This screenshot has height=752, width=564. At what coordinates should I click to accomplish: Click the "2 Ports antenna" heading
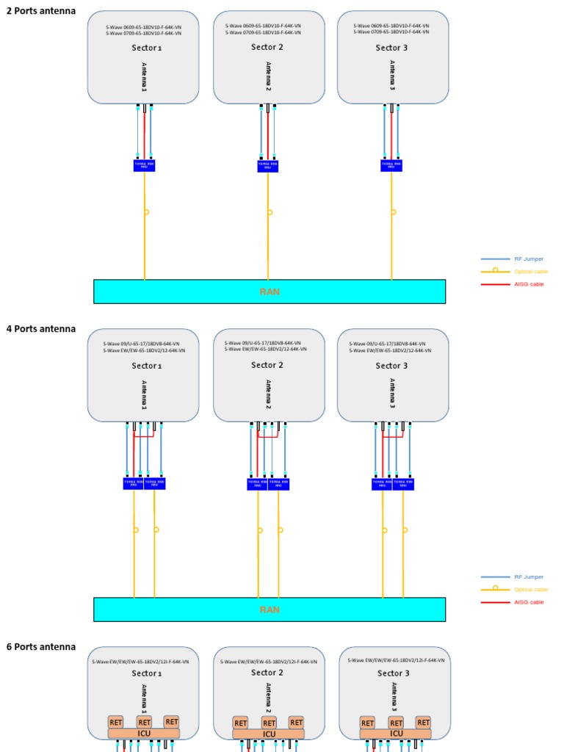click(41, 11)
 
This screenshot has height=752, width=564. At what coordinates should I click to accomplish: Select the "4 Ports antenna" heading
click(41, 329)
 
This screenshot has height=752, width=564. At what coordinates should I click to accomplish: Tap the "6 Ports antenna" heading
click(41, 647)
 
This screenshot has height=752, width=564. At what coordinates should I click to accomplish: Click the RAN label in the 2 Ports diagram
click(270, 292)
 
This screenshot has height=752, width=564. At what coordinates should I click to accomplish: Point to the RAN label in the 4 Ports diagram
click(270, 610)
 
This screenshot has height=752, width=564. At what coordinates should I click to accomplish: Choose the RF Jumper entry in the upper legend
click(529, 259)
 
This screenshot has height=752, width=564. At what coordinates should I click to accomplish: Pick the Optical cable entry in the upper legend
click(531, 272)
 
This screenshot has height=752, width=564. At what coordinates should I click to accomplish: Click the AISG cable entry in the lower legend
click(529, 602)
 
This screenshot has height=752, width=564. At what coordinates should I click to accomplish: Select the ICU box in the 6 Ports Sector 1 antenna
click(144, 734)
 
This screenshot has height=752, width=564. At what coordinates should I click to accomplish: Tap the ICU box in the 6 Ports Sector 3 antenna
click(396, 734)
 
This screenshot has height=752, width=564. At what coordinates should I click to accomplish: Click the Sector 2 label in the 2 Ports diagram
click(267, 47)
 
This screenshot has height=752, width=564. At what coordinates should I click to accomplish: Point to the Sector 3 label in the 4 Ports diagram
click(392, 366)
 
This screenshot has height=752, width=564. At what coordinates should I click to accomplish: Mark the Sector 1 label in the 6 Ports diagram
click(147, 673)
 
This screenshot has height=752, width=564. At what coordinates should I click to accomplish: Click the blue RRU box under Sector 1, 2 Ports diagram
click(144, 166)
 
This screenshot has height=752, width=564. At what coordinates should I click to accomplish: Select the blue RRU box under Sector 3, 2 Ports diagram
click(391, 166)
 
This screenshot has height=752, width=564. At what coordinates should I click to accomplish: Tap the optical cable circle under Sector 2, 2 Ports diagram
click(270, 212)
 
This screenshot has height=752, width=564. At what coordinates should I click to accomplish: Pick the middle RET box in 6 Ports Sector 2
click(270, 723)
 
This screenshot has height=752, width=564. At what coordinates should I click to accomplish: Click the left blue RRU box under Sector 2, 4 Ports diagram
click(257, 484)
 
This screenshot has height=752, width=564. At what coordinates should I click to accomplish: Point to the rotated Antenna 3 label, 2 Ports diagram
click(391, 77)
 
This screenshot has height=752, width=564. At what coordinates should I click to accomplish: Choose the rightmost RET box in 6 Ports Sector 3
click(423, 723)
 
